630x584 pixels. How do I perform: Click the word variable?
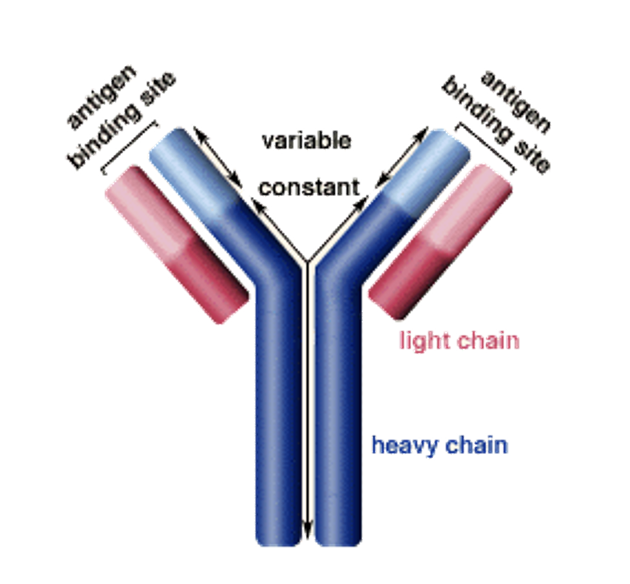(x=306, y=140)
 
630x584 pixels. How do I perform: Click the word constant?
(x=309, y=188)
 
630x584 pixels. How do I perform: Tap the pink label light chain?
(x=459, y=340)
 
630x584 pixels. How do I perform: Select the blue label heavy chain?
(x=440, y=445)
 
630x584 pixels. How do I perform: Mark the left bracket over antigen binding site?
(x=129, y=147)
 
